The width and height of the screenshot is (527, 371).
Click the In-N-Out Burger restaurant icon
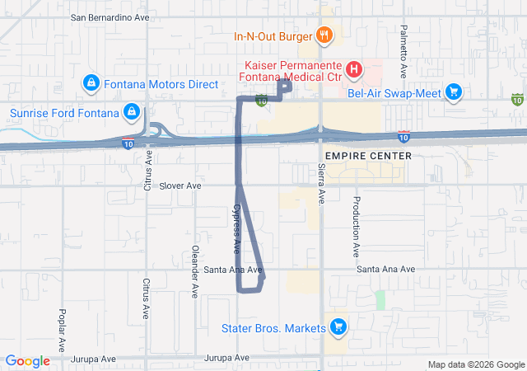(x=324, y=35)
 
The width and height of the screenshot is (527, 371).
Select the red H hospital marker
(x=353, y=69)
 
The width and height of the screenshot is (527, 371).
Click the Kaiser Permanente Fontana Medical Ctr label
(x=291, y=71)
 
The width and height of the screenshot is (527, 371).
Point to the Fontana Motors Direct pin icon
(x=91, y=83)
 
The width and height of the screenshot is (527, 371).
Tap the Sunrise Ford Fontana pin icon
(x=130, y=111)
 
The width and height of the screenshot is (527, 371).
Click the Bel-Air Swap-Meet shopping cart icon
(x=452, y=92)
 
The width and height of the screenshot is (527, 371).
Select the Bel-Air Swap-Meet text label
(x=394, y=92)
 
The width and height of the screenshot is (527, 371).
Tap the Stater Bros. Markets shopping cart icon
(x=338, y=328)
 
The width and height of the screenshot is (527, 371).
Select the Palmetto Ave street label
(x=404, y=45)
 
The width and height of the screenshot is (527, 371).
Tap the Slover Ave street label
(x=180, y=185)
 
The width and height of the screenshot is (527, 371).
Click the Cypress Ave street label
(x=237, y=228)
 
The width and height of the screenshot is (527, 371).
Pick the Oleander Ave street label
(x=195, y=271)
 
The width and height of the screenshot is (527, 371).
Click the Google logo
(x=28, y=361)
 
